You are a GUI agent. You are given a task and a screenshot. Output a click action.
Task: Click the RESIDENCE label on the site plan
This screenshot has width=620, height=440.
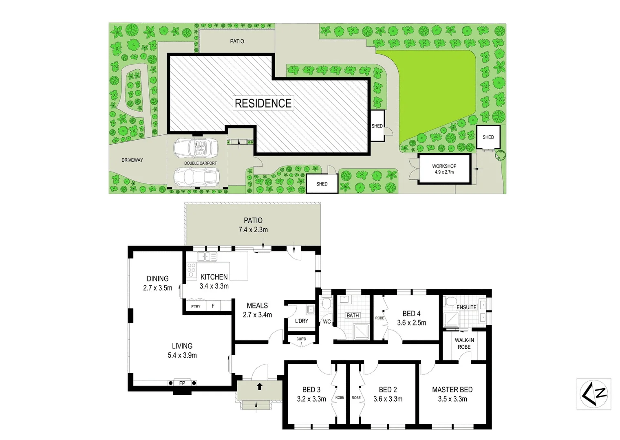(263, 103)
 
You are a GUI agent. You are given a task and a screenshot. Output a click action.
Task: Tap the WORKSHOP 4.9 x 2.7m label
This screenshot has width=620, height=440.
(444, 169)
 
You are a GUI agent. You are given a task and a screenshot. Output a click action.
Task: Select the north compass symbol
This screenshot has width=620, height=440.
(594, 394)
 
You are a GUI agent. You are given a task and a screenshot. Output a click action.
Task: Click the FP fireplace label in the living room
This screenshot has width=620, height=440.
(182, 383)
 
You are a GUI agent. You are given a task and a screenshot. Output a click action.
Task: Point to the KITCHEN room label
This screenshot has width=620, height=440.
(214, 277)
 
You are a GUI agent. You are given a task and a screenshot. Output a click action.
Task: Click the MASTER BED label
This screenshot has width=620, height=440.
(452, 390)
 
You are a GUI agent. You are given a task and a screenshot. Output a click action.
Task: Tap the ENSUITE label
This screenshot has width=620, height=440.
(466, 307)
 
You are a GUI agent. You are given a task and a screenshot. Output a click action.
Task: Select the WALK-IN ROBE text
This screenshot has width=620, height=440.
(464, 343)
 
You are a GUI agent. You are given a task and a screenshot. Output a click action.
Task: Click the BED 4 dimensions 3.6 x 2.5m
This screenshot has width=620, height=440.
(411, 323)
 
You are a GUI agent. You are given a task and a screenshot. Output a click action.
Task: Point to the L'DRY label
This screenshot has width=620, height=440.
(302, 321)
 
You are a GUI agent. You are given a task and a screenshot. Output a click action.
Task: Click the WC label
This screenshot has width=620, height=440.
(327, 322)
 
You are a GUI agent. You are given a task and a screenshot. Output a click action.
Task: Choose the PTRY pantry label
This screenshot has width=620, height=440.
(196, 306)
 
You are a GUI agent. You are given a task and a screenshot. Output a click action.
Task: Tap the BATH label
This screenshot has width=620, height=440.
(353, 315)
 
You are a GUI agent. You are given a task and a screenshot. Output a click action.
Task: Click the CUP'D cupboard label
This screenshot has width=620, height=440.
(301, 339)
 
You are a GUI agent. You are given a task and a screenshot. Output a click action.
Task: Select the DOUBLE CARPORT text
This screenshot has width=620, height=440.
(201, 163)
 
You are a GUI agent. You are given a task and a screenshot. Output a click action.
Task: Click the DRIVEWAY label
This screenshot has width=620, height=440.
(132, 160)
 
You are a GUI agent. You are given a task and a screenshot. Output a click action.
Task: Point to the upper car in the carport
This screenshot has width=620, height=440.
(195, 148)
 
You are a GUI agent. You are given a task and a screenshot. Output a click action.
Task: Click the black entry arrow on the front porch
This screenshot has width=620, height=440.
(260, 386)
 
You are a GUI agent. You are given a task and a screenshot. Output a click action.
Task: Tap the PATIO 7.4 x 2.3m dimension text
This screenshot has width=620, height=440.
(253, 230)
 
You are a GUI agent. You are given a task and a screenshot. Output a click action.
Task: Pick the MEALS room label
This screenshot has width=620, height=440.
(257, 306)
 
